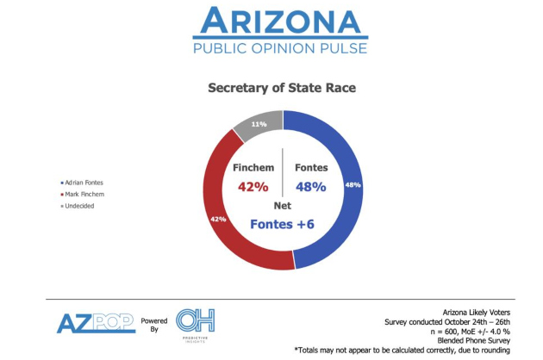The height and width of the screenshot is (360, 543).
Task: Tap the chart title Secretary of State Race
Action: pyautogui.click(x=283, y=88)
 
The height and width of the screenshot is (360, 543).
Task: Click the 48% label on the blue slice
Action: pyautogui.click(x=352, y=184)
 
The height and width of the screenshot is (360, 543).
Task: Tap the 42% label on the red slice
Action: pyautogui.click(x=217, y=219)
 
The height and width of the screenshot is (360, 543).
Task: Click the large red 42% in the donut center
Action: pyautogui.click(x=253, y=187)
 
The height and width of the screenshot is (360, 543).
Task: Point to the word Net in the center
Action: pyautogui.click(x=283, y=207)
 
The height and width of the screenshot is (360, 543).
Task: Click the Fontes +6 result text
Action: pyautogui.click(x=283, y=224)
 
